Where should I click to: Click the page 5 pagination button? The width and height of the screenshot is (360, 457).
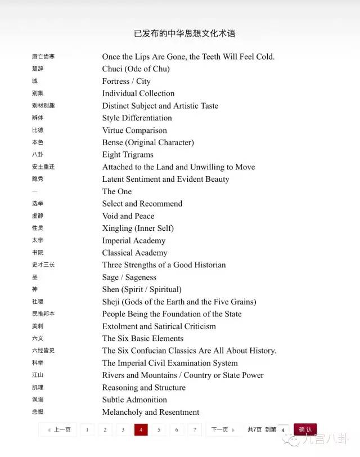(159, 429)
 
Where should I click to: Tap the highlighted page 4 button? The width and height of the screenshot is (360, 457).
(141, 429)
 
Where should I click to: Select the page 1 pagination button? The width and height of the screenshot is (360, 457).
(87, 429)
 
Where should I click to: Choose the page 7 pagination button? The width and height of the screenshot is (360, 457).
(195, 429)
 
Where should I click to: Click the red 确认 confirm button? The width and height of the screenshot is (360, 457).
(305, 429)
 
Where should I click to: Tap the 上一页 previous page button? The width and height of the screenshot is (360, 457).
(58, 429)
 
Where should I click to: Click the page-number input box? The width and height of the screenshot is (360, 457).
(283, 430)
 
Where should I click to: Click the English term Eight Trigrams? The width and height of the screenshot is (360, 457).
(128, 155)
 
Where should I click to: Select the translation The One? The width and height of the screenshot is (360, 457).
(117, 191)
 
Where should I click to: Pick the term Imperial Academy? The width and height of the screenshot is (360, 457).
(134, 240)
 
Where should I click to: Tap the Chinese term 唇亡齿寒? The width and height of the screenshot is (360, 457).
(43, 57)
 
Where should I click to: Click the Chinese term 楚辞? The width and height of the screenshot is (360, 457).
(38, 69)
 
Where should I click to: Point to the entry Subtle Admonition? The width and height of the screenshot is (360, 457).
(134, 400)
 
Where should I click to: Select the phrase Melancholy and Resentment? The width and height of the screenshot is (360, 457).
(151, 412)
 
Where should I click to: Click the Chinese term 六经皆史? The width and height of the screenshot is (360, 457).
(43, 351)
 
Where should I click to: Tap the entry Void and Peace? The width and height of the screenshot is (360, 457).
(128, 216)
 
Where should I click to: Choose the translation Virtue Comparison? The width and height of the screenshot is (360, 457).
(134, 130)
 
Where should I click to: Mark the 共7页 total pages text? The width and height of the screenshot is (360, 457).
(254, 429)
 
